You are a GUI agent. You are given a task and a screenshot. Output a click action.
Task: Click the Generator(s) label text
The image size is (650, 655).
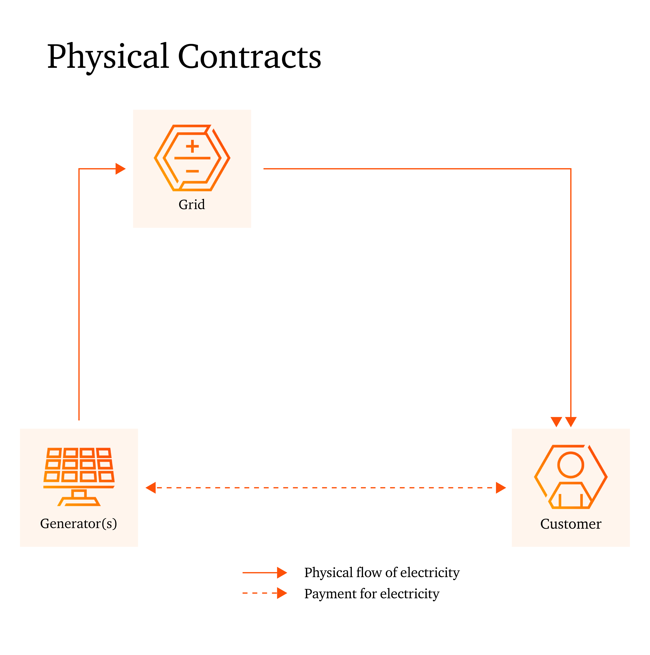[79, 524]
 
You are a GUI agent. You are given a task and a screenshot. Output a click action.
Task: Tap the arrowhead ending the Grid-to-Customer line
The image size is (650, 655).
[571, 422]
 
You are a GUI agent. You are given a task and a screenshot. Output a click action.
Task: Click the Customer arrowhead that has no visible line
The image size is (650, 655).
[556, 422]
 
